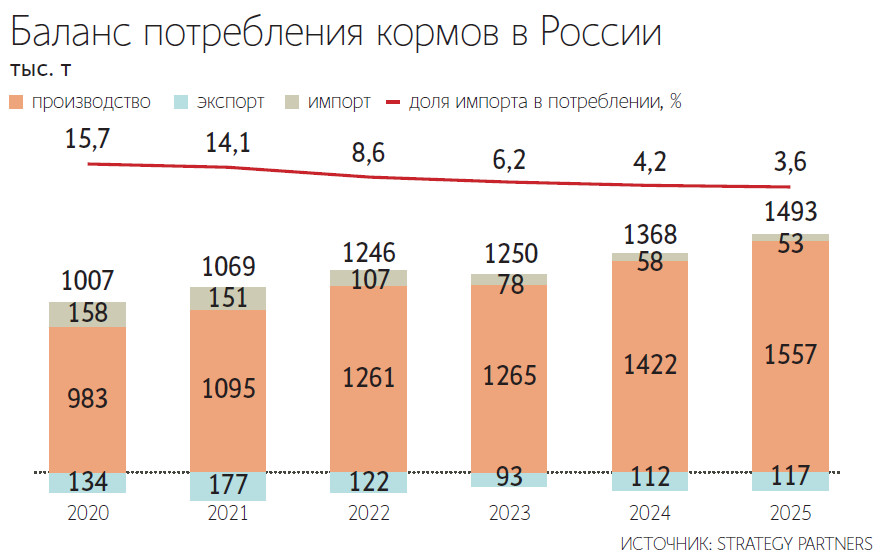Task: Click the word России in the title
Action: (x=600, y=33)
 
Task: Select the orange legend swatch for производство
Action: (x=17, y=101)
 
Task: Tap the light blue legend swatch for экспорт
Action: (x=181, y=101)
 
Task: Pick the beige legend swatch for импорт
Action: (x=293, y=101)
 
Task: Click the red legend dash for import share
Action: (x=392, y=101)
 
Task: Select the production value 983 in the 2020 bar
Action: (x=87, y=397)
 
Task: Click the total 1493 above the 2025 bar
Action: (x=790, y=212)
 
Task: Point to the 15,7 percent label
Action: (x=88, y=141)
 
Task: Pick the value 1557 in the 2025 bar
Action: (x=790, y=354)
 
